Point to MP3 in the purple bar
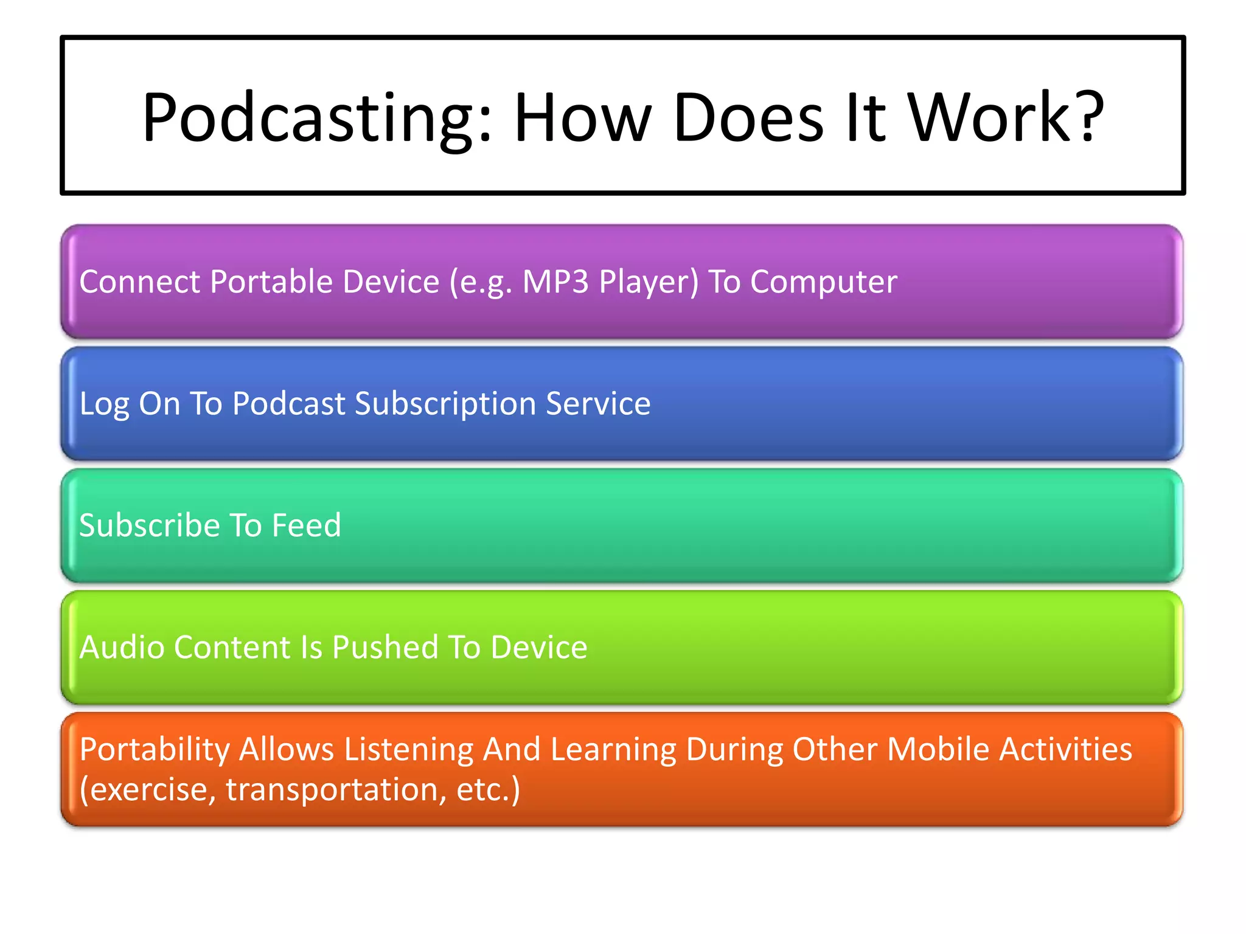(555, 282)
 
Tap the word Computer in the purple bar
(823, 282)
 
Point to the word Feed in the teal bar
(306, 525)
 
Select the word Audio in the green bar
(122, 647)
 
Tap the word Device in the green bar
(539, 647)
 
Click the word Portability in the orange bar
(155, 750)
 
